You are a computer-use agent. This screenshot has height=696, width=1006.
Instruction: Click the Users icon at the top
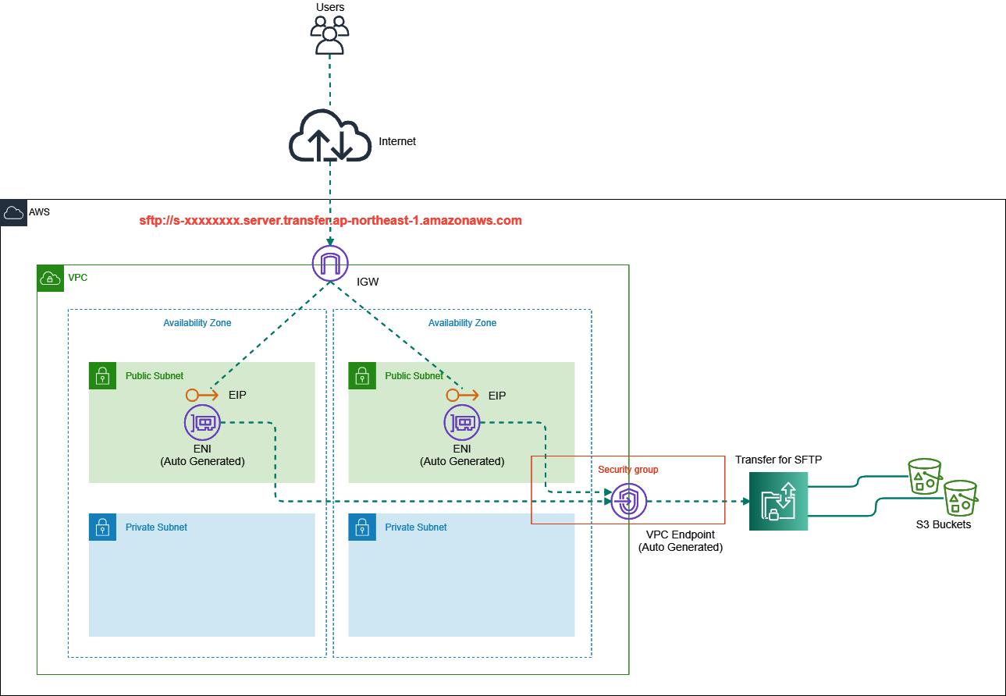click(329, 35)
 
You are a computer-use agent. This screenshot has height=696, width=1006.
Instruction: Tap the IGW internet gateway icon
click(330, 264)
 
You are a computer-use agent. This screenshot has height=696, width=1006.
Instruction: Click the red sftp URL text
click(330, 221)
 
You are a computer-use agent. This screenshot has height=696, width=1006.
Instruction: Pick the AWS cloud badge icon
click(13, 212)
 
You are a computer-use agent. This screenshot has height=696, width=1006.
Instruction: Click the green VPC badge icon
click(50, 278)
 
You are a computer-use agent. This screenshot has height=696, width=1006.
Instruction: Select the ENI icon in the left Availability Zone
click(203, 423)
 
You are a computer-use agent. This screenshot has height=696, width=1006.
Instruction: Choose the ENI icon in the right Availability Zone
click(462, 423)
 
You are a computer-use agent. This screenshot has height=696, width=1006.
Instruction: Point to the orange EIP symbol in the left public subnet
click(201, 395)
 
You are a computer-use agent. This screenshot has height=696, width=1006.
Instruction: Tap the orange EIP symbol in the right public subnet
click(461, 395)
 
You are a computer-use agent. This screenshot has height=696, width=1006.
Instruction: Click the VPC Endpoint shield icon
click(628, 502)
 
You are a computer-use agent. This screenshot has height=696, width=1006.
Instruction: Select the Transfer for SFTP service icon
click(778, 501)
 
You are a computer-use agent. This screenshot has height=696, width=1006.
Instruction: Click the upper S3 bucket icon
click(926, 475)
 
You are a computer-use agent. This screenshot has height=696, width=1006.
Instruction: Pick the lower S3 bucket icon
click(960, 497)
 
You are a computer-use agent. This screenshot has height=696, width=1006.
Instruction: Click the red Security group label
click(627, 470)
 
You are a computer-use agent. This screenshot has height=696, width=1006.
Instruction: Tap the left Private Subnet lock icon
click(101, 527)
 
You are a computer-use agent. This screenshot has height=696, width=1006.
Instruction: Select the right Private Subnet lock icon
click(361, 527)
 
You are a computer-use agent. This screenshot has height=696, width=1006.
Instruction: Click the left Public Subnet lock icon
click(101, 375)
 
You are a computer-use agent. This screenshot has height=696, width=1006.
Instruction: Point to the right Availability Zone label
click(462, 322)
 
